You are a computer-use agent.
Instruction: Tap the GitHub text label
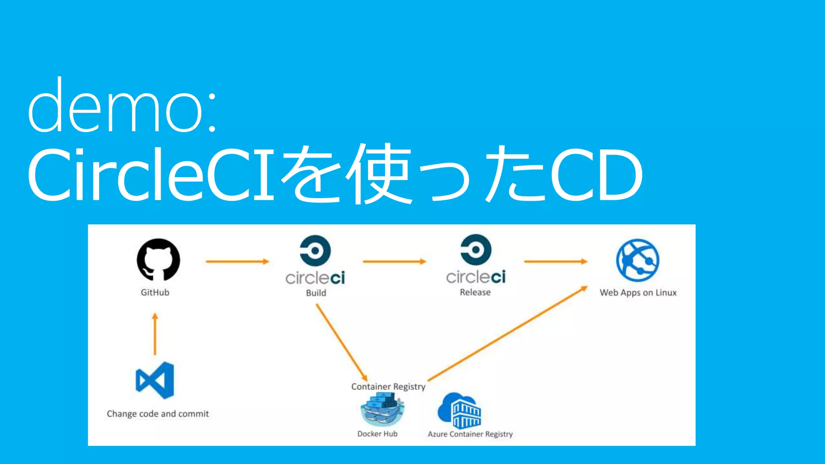point(155,292)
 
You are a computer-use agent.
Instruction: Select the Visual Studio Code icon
point(155,380)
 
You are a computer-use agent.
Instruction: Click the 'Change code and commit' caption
point(158,414)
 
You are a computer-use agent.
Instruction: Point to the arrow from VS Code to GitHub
point(155,334)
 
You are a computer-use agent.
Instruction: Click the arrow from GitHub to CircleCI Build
point(237,261)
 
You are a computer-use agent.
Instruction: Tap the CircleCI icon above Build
point(315,251)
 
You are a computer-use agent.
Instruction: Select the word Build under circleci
point(316,293)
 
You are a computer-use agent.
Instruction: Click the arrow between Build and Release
point(394,261)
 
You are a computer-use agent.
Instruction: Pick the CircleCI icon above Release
point(476,250)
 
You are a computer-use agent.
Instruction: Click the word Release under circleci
point(475,292)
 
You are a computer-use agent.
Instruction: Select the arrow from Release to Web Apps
point(555,261)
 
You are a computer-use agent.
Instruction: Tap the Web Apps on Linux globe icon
point(638,260)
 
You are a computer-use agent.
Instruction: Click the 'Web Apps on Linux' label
point(638,293)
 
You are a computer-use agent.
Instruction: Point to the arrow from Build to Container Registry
point(341,342)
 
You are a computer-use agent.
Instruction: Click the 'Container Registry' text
point(388,387)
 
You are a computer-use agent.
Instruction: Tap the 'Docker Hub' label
point(377,434)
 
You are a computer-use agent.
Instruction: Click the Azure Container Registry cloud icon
point(460,410)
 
